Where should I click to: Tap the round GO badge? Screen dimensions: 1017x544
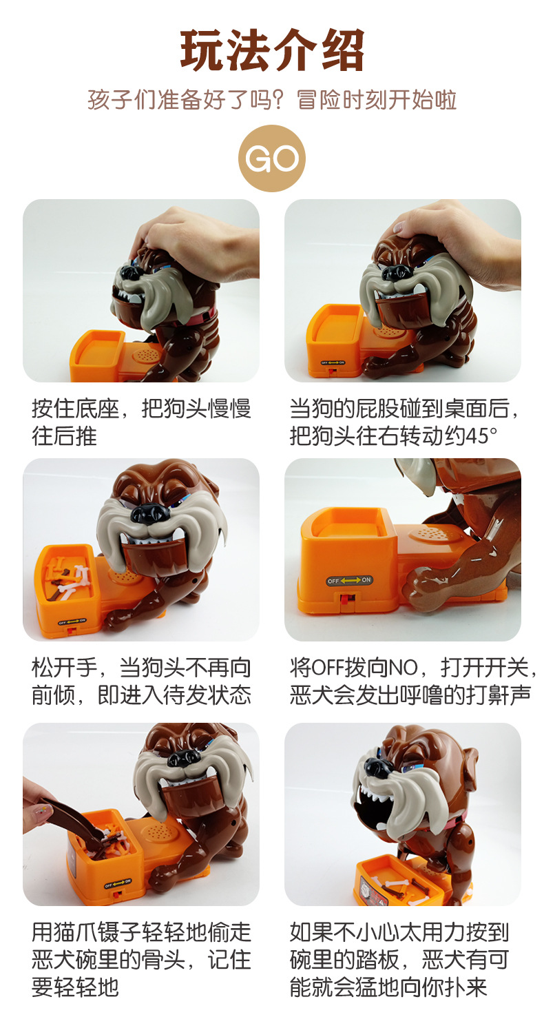(x=272, y=158)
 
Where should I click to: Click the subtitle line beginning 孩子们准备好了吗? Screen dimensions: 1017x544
(x=272, y=100)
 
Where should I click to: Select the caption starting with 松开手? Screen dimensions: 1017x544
(x=141, y=681)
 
